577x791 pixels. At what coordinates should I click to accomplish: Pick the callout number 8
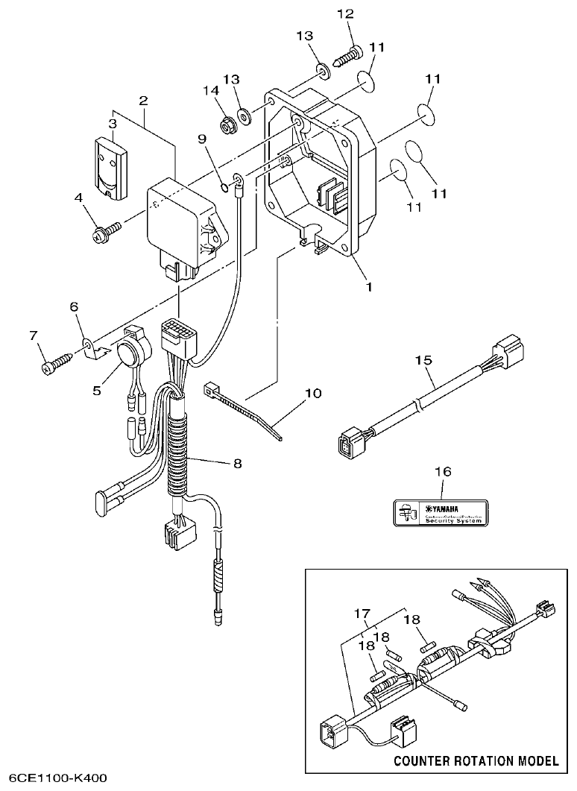238,462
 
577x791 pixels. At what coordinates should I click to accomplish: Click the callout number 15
424,360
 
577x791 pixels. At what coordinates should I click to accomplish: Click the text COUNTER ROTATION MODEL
476,761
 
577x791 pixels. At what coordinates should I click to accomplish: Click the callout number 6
73,306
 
